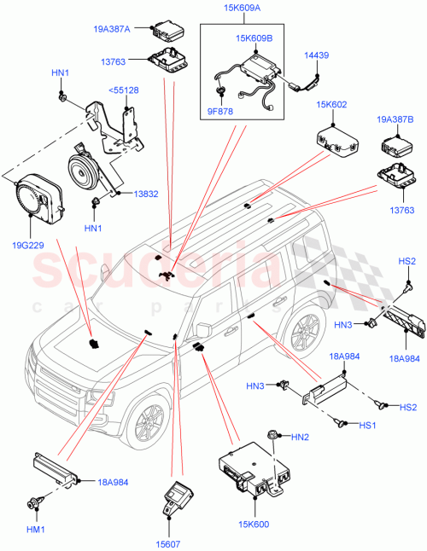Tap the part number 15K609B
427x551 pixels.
pyautogui.click(x=254, y=38)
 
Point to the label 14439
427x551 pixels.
pyautogui.click(x=318, y=54)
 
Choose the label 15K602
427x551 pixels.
pyautogui.click(x=332, y=106)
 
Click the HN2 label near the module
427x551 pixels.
pyautogui.click(x=299, y=438)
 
